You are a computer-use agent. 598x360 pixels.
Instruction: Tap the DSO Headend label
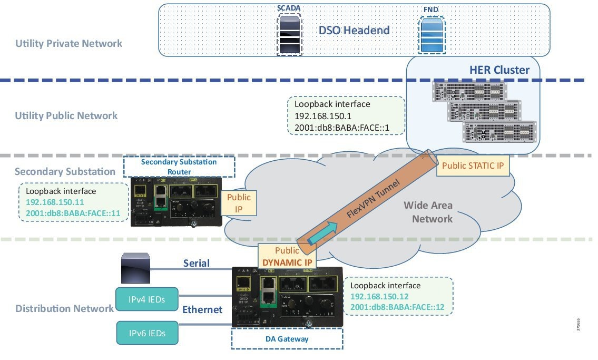coord(354,30)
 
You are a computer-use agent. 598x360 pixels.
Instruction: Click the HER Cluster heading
coord(499,70)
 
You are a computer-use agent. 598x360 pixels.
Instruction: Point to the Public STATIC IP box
coord(473,166)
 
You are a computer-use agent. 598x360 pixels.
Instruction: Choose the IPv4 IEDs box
coord(147,300)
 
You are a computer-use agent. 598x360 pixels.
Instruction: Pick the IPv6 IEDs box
coord(147,333)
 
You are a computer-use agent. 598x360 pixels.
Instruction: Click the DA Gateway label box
coord(287,339)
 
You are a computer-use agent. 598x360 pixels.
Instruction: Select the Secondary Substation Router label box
coord(179,167)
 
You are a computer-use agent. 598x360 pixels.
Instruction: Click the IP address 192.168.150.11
coord(55,201)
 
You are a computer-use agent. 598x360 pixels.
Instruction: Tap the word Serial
coord(196,263)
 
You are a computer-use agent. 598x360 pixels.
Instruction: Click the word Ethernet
coord(202,309)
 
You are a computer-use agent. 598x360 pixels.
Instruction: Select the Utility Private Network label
coord(69,43)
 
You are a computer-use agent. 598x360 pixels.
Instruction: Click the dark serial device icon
coord(135,267)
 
